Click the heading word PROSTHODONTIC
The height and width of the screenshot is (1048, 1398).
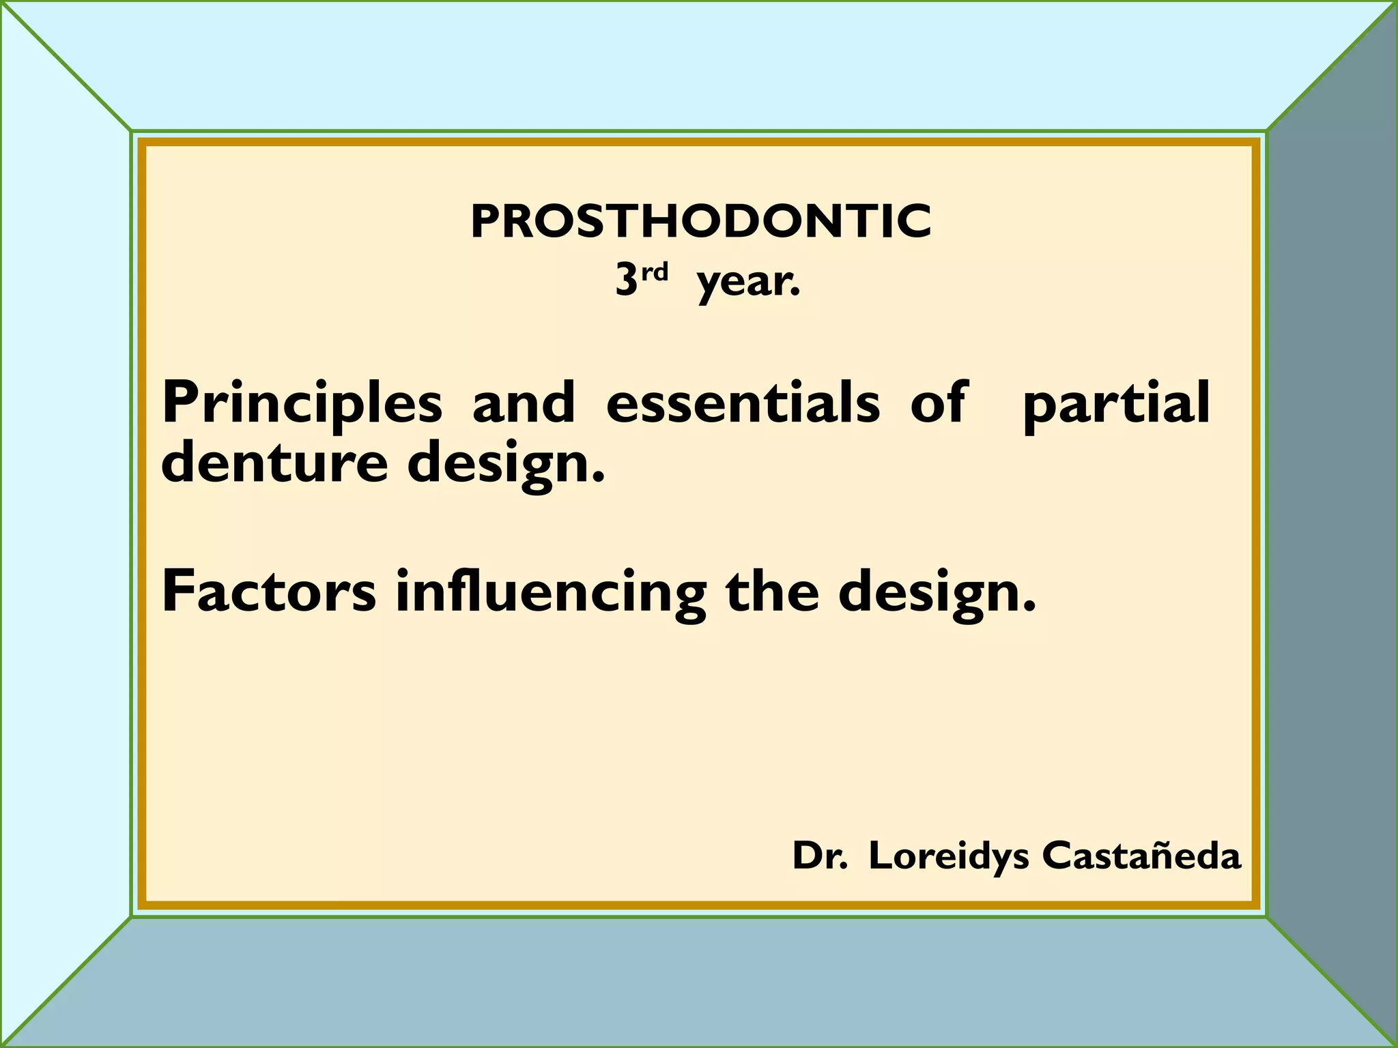[700, 222]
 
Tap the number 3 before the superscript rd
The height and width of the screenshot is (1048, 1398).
[626, 280]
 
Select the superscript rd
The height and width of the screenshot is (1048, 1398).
[655, 272]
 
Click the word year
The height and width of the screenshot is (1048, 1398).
[747, 282]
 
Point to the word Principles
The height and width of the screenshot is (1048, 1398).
[302, 404]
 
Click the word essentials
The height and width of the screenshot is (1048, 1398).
[743, 403]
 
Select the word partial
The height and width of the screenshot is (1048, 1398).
[1116, 404]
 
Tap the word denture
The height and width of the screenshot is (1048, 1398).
[274, 463]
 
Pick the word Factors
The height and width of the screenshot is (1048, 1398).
[268, 592]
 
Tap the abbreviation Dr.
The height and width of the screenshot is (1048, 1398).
[819, 856]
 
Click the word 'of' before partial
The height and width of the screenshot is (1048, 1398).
[939, 403]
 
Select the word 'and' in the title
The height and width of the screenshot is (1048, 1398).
[524, 403]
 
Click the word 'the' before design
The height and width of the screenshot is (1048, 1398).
[771, 592]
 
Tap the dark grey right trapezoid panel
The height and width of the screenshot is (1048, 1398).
[1331, 524]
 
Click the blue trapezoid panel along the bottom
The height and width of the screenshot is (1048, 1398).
[699, 982]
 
